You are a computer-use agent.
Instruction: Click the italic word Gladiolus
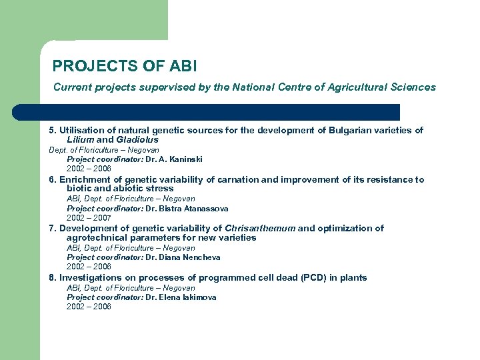pyautogui.click(x=138, y=140)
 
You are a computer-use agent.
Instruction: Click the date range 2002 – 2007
pyautogui.click(x=89, y=217)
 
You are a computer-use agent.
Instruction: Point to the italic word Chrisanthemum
pyautogui.click(x=260, y=228)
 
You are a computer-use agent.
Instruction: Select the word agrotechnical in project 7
pyautogui.click(x=94, y=237)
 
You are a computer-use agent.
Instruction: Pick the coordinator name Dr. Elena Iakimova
pyautogui.click(x=181, y=297)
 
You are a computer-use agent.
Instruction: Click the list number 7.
pyautogui.click(x=52, y=228)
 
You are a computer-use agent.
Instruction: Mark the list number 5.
pyautogui.click(x=52, y=131)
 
